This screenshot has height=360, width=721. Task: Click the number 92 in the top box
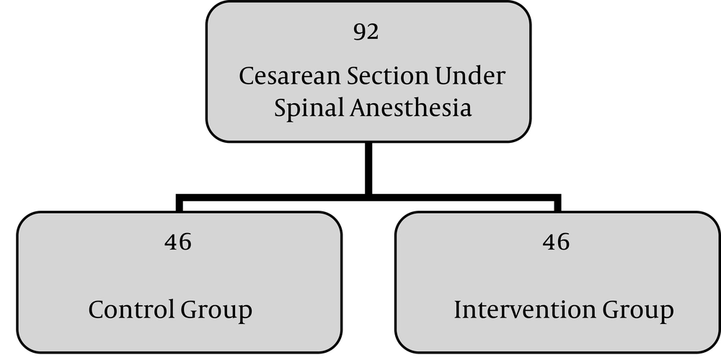[366, 32]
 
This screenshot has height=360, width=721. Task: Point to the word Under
[470, 76]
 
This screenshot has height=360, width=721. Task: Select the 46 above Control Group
[178, 242]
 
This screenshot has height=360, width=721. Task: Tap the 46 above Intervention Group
[556, 242]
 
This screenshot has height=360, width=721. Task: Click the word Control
[131, 309]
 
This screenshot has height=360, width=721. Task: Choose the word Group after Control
[216, 311]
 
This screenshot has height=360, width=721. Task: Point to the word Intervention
[525, 309]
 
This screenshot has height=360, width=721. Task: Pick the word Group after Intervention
[638, 311]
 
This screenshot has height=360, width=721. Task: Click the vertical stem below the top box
[368, 169]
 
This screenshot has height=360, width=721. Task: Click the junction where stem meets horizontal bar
[368, 198]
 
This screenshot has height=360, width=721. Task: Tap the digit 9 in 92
[360, 32]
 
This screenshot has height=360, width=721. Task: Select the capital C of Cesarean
[247, 76]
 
